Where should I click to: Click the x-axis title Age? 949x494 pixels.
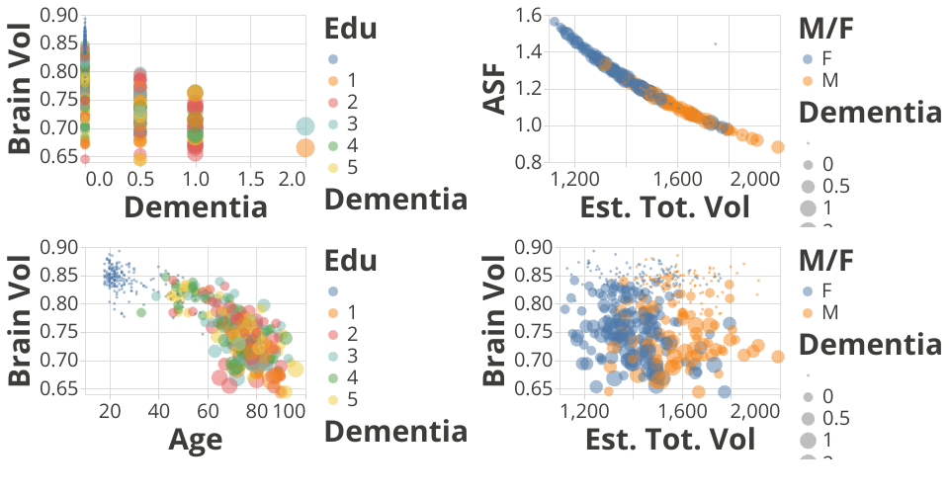pyautogui.click(x=195, y=438)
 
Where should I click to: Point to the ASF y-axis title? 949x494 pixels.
pyautogui.click(x=494, y=87)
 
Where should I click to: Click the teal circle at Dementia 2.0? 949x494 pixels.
pyautogui.click(x=305, y=126)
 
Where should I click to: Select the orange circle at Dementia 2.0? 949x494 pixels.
pyautogui.click(x=304, y=148)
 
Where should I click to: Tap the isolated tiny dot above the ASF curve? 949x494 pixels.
pyautogui.click(x=715, y=44)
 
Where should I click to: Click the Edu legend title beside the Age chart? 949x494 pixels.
pyautogui.click(x=351, y=261)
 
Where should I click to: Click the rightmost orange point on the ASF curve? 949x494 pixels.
pyautogui.click(x=778, y=147)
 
